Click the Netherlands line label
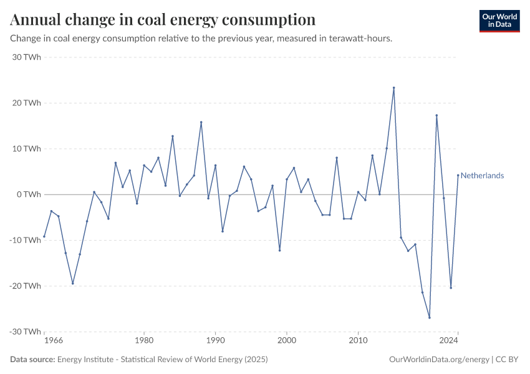click(482, 176)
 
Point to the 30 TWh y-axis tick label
click(26, 57)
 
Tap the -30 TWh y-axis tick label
click(25, 332)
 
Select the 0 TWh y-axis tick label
click(29, 194)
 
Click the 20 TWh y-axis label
click(26, 103)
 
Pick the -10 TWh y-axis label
click(25, 240)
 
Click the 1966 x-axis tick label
click(54, 342)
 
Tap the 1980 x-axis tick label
click(144, 342)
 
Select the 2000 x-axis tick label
click(287, 342)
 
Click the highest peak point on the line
click(394, 88)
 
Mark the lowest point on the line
click(430, 318)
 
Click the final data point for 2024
click(458, 175)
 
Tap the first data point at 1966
click(44, 236)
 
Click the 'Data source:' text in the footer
click(32, 360)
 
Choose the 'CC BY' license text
click(508, 360)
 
